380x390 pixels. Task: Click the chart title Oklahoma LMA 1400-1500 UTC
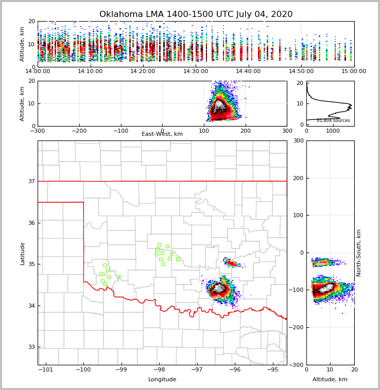pyautogui.click(x=196, y=14)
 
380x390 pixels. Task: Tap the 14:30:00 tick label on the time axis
pyautogui.click(x=196, y=72)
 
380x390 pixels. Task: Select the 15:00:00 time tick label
pyautogui.click(x=354, y=72)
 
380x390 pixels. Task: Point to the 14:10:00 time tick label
pyautogui.click(x=90, y=72)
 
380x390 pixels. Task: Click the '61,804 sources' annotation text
pyautogui.click(x=333, y=120)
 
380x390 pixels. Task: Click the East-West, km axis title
pyautogui.click(x=162, y=134)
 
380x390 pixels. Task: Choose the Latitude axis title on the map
pyautogui.click(x=22, y=253)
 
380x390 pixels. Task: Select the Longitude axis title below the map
pyautogui.click(x=162, y=380)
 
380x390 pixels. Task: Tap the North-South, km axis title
pyautogui.click(x=359, y=253)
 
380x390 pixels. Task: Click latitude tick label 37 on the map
pyautogui.click(x=31, y=182)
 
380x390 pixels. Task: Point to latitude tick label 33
pyautogui.click(x=31, y=347)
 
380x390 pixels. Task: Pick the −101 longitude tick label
pyautogui.click(x=46, y=370)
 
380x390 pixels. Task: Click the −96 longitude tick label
pyautogui.click(x=234, y=370)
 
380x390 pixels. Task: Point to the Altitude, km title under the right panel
pyautogui.click(x=330, y=380)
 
